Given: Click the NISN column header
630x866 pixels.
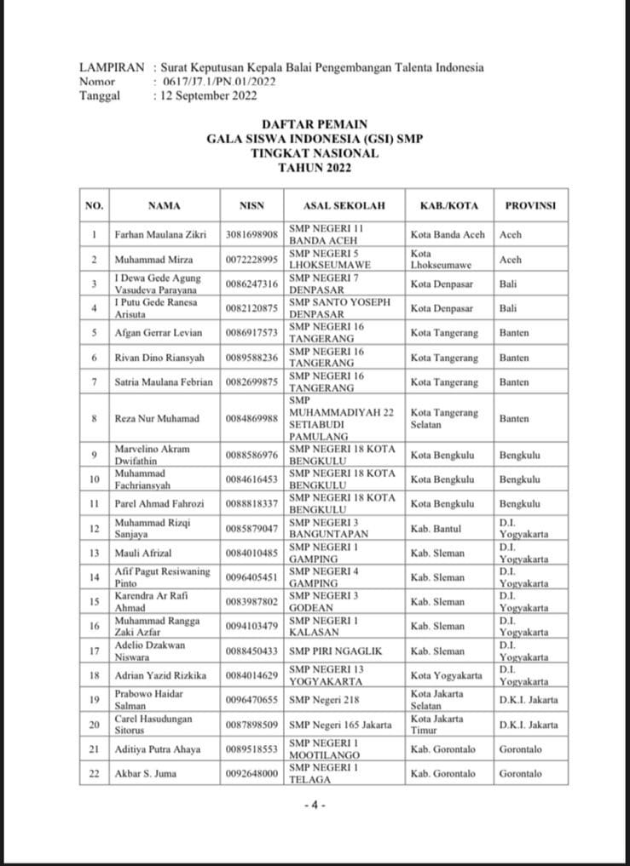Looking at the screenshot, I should pyautogui.click(x=252, y=205).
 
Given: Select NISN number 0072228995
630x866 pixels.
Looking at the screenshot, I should pyautogui.click(x=252, y=259).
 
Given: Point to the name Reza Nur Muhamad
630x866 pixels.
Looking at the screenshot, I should pyautogui.click(x=156, y=418).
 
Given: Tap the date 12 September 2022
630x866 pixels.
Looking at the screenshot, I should pyautogui.click(x=205, y=96).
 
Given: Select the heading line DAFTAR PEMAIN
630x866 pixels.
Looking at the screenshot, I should pyautogui.click(x=315, y=124).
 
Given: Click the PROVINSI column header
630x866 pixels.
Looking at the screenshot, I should pyautogui.click(x=530, y=205).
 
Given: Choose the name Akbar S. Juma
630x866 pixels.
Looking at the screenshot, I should pyautogui.click(x=146, y=773).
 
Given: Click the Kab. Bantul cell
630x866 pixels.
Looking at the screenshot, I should pyautogui.click(x=436, y=529).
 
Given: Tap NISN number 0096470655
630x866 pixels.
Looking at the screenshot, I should pyautogui.click(x=252, y=700).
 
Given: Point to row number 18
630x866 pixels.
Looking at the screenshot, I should pyautogui.click(x=95, y=675).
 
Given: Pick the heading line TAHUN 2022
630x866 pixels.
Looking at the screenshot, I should pyautogui.click(x=315, y=168).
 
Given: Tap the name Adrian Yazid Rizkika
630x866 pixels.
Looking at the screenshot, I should pyautogui.click(x=160, y=675).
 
